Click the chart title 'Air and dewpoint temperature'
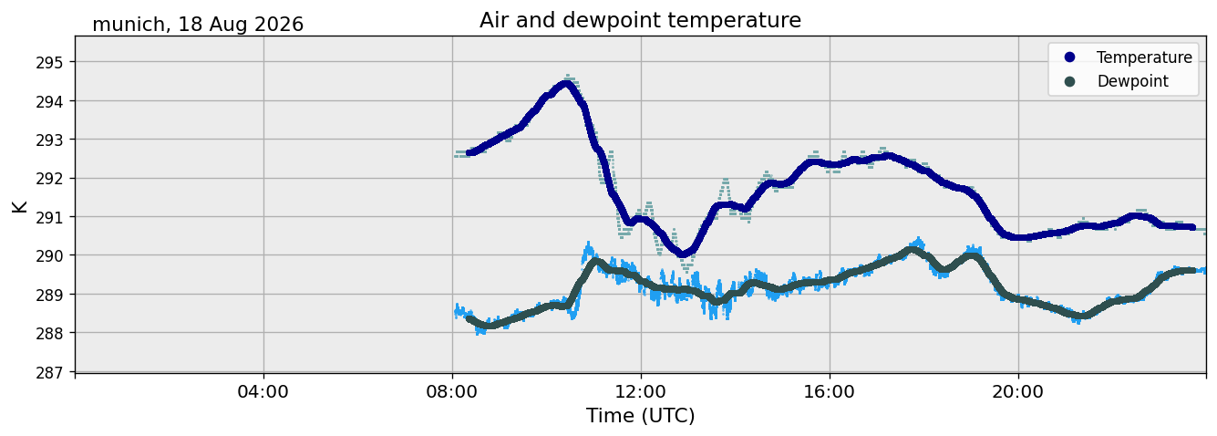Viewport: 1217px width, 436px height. tap(640, 21)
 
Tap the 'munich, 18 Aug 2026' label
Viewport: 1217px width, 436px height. tap(198, 25)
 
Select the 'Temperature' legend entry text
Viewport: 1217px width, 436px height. tap(1144, 57)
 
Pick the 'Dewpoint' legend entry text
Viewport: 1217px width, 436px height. tap(1133, 81)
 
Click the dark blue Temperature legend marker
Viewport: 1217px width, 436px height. tap(1069, 57)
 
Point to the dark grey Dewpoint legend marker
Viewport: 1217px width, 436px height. tap(1069, 81)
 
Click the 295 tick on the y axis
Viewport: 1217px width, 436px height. tap(49, 63)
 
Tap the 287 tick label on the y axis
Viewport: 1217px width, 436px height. tap(49, 373)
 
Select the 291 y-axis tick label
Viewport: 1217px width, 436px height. tap(49, 217)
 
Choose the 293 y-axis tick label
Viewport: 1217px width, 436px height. tap(49, 140)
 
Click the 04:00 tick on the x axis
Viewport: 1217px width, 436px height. tap(263, 391)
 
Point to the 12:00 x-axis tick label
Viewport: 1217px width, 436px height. tap(641, 391)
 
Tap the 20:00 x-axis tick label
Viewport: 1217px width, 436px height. tap(1018, 391)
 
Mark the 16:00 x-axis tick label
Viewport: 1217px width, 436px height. tap(830, 391)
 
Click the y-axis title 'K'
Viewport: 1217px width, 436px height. tap(19, 206)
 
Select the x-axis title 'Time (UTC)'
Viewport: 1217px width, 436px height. tap(640, 416)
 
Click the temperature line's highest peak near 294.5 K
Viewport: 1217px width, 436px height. tap(566, 84)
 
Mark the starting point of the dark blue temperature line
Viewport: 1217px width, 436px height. tap(469, 152)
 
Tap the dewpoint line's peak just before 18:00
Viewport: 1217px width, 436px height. tap(912, 250)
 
